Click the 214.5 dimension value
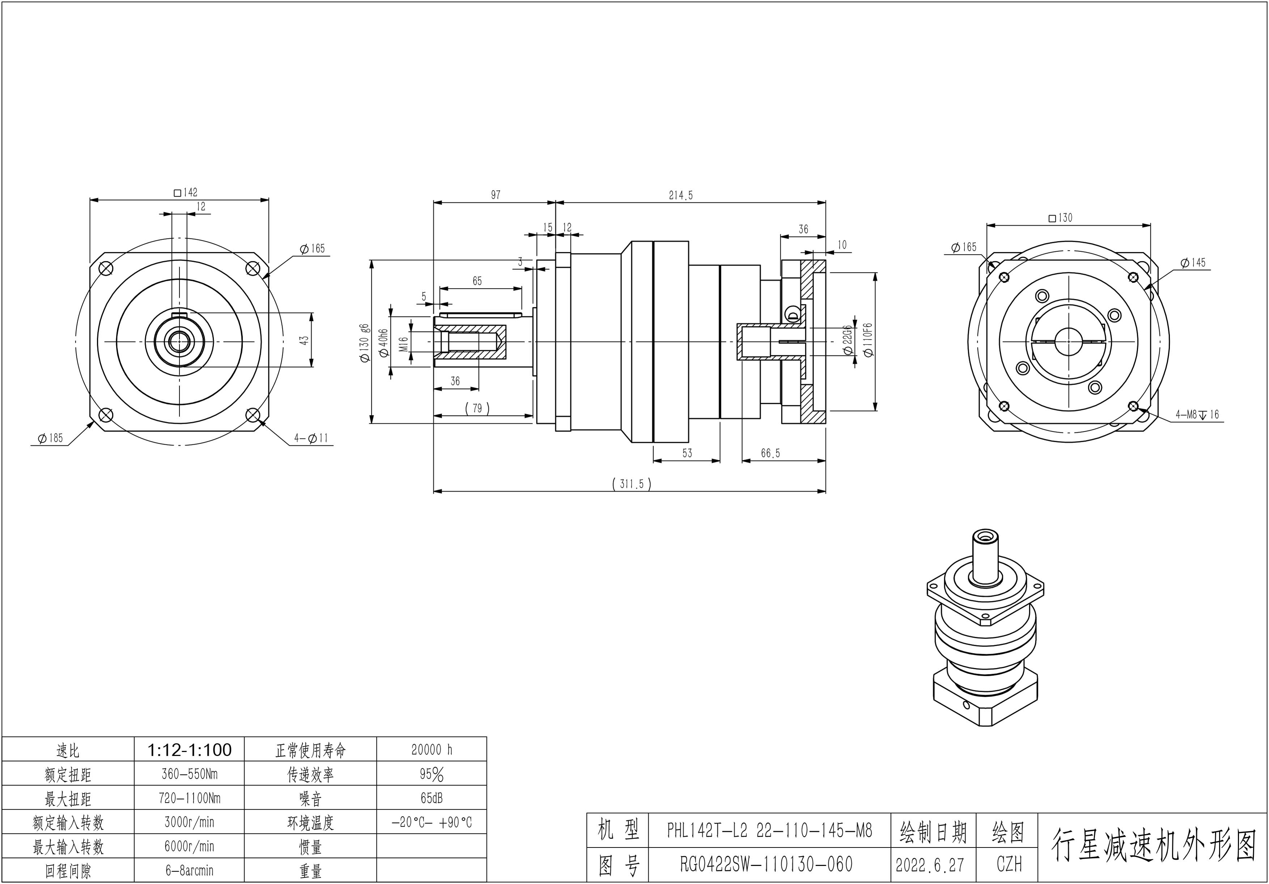click(680, 195)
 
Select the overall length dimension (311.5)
click(632, 484)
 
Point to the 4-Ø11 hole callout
click(311, 438)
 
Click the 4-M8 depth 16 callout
click(1197, 414)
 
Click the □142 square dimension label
click(185, 192)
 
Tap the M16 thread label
click(403, 344)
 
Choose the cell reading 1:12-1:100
click(189, 750)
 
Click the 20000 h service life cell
click(431, 750)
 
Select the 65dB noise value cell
click(431, 798)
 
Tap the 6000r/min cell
click(189, 846)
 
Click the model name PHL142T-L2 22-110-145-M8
click(769, 830)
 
